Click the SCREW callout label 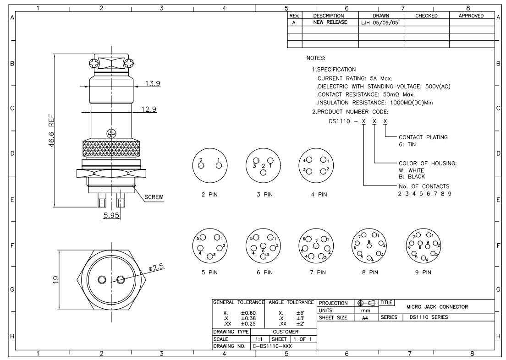click(x=154, y=197)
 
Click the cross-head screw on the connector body click(x=111, y=134)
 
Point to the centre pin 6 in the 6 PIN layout click(x=263, y=251)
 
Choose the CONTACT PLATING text click(x=423, y=137)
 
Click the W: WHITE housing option click(x=412, y=170)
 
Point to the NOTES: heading click(x=315, y=59)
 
